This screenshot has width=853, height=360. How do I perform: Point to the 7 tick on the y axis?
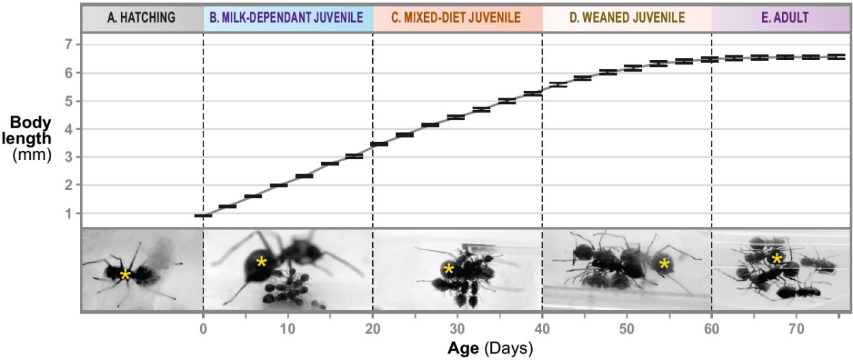(68, 44)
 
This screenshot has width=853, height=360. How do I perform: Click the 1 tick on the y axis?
(68, 214)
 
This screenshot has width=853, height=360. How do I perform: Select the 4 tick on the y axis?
(68, 129)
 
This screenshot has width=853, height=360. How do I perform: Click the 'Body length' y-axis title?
(31, 130)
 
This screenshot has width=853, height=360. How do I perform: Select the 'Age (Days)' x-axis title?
(490, 348)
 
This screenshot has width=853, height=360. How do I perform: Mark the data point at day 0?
(203, 215)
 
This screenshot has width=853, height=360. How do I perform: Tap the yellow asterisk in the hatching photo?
(125, 275)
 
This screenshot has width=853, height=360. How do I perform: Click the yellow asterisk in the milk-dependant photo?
(261, 262)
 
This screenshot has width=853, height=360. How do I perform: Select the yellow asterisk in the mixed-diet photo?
(449, 269)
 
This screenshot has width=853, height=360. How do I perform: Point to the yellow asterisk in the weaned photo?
(664, 263)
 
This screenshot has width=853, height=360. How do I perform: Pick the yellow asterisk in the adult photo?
(777, 259)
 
